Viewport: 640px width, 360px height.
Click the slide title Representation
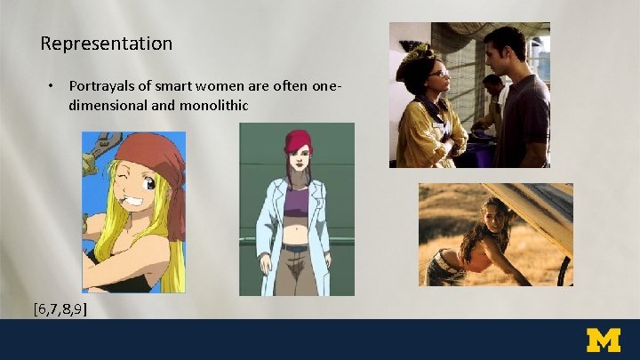coord(107,44)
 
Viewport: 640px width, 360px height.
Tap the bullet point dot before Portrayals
coord(52,86)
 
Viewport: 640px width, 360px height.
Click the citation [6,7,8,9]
coord(60,308)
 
